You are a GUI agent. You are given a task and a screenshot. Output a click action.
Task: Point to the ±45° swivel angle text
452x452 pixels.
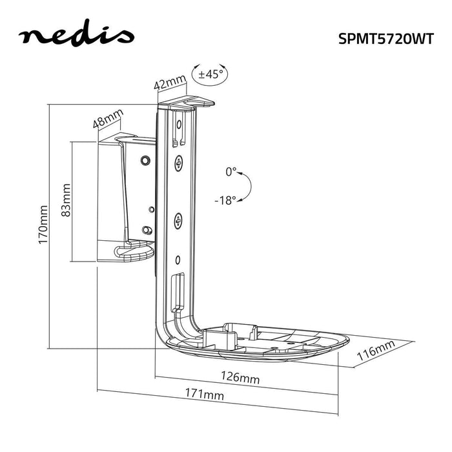(x=211, y=74)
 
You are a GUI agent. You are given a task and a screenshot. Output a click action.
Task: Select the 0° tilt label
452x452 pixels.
(x=231, y=172)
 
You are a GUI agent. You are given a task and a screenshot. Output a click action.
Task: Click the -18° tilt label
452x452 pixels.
(x=225, y=200)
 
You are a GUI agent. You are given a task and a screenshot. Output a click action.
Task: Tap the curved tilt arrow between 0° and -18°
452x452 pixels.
(x=246, y=187)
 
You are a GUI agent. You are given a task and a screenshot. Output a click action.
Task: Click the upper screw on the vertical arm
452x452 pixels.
(x=179, y=163)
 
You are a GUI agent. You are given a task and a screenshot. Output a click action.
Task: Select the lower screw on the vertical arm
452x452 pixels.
(x=178, y=223)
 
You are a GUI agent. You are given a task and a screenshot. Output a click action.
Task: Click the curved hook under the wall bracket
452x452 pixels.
(x=132, y=251)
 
